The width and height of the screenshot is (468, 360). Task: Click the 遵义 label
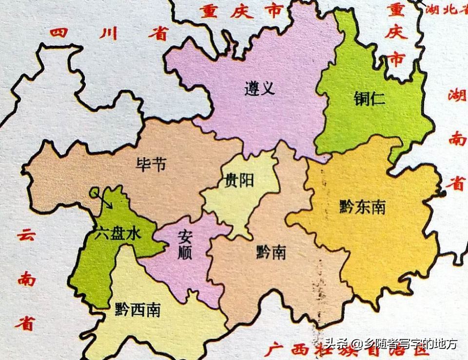260,89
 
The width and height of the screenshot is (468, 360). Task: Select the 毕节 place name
152,164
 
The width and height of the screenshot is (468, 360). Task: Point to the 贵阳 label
238,180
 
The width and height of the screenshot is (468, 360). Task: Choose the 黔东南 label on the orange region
362,207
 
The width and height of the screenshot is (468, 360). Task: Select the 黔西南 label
138,310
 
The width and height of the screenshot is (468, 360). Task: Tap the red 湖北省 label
445,9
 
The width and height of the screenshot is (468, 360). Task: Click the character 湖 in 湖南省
457,95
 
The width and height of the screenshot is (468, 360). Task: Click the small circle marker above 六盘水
94,192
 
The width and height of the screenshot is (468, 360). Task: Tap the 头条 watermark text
336,344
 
